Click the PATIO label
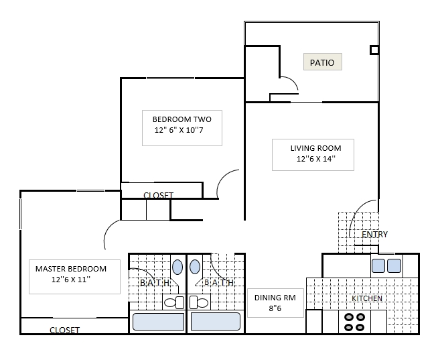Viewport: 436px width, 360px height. click(323, 62)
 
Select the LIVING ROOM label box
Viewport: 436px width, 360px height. click(313, 154)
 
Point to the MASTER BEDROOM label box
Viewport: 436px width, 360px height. click(74, 275)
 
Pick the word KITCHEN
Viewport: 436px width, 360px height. click(367, 298)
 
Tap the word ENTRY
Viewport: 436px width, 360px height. click(374, 235)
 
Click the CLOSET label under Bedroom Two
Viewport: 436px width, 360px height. click(158, 196)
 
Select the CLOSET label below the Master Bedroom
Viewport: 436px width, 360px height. click(64, 330)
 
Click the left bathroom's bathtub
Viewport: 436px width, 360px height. click(158, 322)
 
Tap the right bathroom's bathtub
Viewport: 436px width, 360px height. click(215, 322)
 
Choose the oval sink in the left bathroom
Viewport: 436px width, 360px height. click(177, 267)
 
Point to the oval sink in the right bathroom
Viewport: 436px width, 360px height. click(195, 267)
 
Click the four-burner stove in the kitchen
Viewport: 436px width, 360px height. click(354, 322)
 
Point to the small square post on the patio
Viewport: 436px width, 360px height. click(374, 50)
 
